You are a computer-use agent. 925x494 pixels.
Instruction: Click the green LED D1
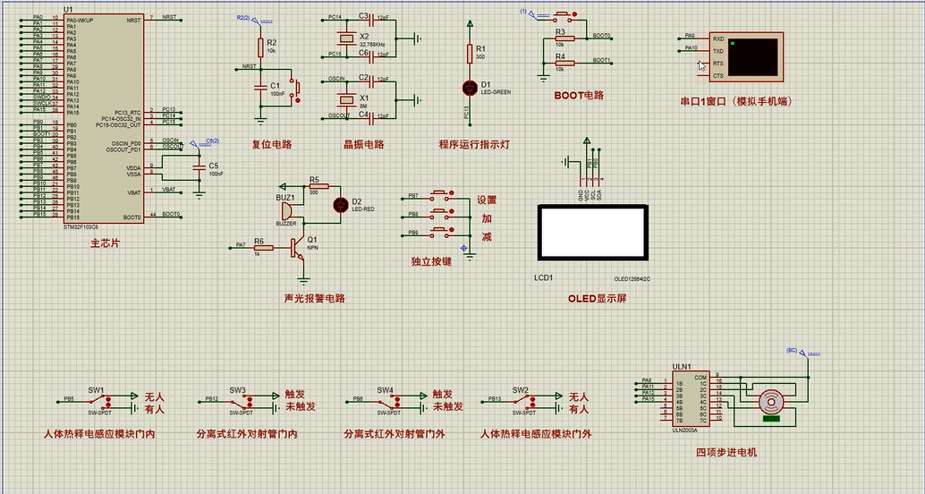[470, 87]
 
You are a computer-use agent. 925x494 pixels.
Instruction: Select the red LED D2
[340, 204]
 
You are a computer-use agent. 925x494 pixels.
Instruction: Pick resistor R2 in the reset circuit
[260, 47]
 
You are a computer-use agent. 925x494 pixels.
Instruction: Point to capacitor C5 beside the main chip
[199, 168]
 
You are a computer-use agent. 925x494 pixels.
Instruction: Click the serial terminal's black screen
[753, 56]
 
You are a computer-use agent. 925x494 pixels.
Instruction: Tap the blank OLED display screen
[591, 232]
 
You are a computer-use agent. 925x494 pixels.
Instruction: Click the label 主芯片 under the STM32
[105, 243]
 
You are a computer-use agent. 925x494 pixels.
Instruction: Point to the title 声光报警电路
[314, 298]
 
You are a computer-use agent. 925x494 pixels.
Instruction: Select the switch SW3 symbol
[238, 400]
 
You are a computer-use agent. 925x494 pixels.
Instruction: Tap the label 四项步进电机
[726, 452]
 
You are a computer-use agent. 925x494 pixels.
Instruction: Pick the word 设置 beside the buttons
[486, 200]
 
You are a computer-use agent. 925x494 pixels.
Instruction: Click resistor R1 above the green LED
[470, 53]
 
